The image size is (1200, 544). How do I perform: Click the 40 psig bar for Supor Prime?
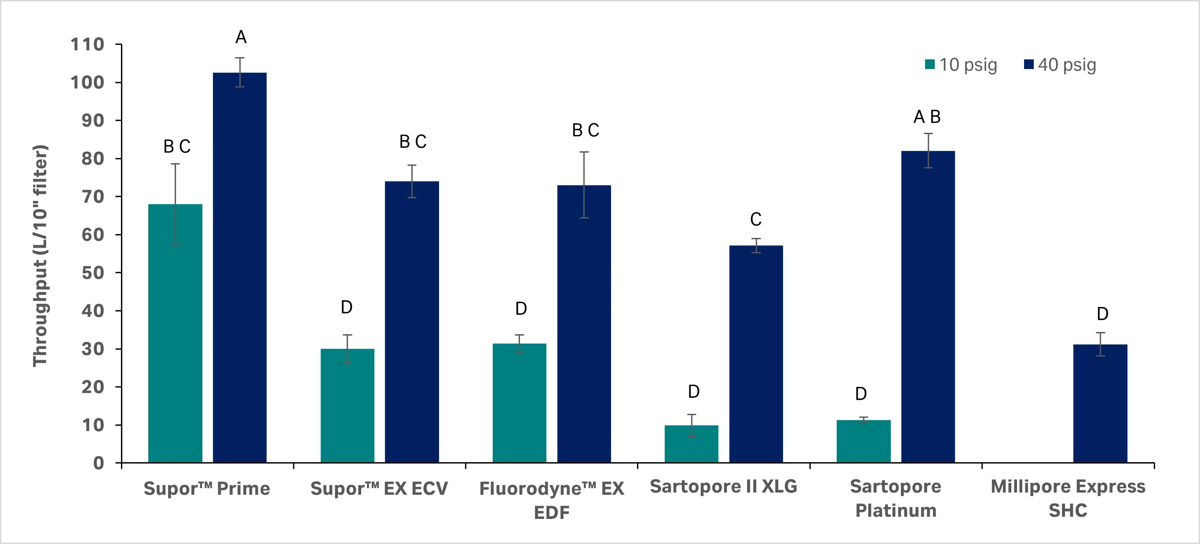click(239, 268)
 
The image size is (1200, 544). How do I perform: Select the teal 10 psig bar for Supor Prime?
click(175, 333)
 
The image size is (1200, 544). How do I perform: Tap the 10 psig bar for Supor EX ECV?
click(347, 405)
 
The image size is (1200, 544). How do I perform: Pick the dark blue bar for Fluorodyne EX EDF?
click(584, 324)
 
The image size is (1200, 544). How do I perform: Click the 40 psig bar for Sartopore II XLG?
click(756, 354)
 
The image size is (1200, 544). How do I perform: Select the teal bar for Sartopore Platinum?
click(863, 441)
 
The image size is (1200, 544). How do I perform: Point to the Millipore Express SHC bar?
click(1100, 403)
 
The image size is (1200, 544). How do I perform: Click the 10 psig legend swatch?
click(930, 65)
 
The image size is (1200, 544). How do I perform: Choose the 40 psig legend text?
click(1066, 65)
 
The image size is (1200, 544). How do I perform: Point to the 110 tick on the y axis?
click(87, 45)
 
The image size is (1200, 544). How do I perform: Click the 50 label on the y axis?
click(93, 273)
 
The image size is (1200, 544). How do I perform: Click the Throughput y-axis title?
click(40, 256)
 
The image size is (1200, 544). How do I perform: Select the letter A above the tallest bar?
click(241, 37)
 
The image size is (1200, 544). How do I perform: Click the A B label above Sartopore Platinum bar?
click(926, 117)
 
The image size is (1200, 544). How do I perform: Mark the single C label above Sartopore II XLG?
click(756, 219)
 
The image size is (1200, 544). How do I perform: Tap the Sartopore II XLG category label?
click(723, 486)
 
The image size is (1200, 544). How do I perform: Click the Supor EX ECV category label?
click(379, 489)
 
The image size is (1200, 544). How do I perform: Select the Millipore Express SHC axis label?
click(1068, 498)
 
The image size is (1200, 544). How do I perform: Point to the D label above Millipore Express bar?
click(1102, 314)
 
